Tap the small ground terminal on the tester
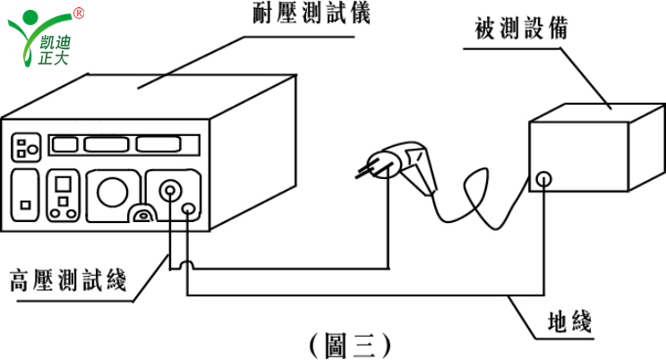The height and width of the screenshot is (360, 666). (x=188, y=210)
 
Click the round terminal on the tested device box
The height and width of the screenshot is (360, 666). (x=543, y=180)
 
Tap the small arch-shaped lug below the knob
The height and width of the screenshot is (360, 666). (x=141, y=215)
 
